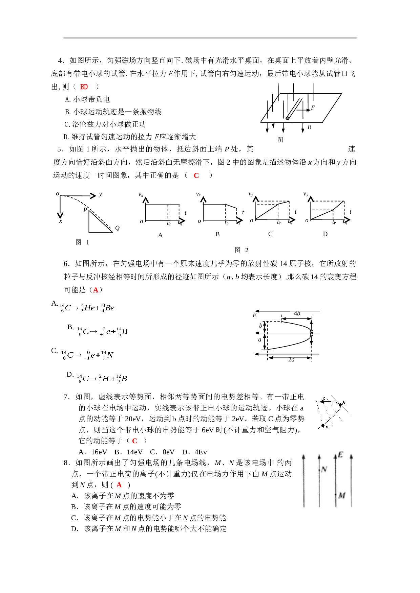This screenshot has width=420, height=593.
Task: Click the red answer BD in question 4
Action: coord(84,87)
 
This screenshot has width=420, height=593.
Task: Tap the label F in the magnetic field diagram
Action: coord(313,108)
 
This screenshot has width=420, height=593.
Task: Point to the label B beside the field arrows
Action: coord(309,127)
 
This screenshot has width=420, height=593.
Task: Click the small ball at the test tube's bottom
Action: coord(287,118)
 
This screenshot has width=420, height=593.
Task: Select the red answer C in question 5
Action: coord(196,175)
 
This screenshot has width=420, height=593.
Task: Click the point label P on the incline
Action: coord(85,210)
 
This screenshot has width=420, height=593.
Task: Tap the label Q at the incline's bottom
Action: coord(117,228)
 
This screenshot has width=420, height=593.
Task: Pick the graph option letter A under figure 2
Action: coord(160,235)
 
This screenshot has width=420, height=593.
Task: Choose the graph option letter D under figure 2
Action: coord(325,234)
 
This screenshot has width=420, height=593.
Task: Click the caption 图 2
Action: coord(241,250)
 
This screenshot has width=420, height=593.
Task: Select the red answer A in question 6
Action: coord(96,290)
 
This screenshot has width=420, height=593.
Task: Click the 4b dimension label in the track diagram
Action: coord(297,314)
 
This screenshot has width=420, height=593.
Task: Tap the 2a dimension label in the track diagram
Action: coord(291,360)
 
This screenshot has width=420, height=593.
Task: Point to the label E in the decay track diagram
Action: coord(254,315)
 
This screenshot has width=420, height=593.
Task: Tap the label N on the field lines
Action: coord(324,469)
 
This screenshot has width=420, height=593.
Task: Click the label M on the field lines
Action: coord(342,495)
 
